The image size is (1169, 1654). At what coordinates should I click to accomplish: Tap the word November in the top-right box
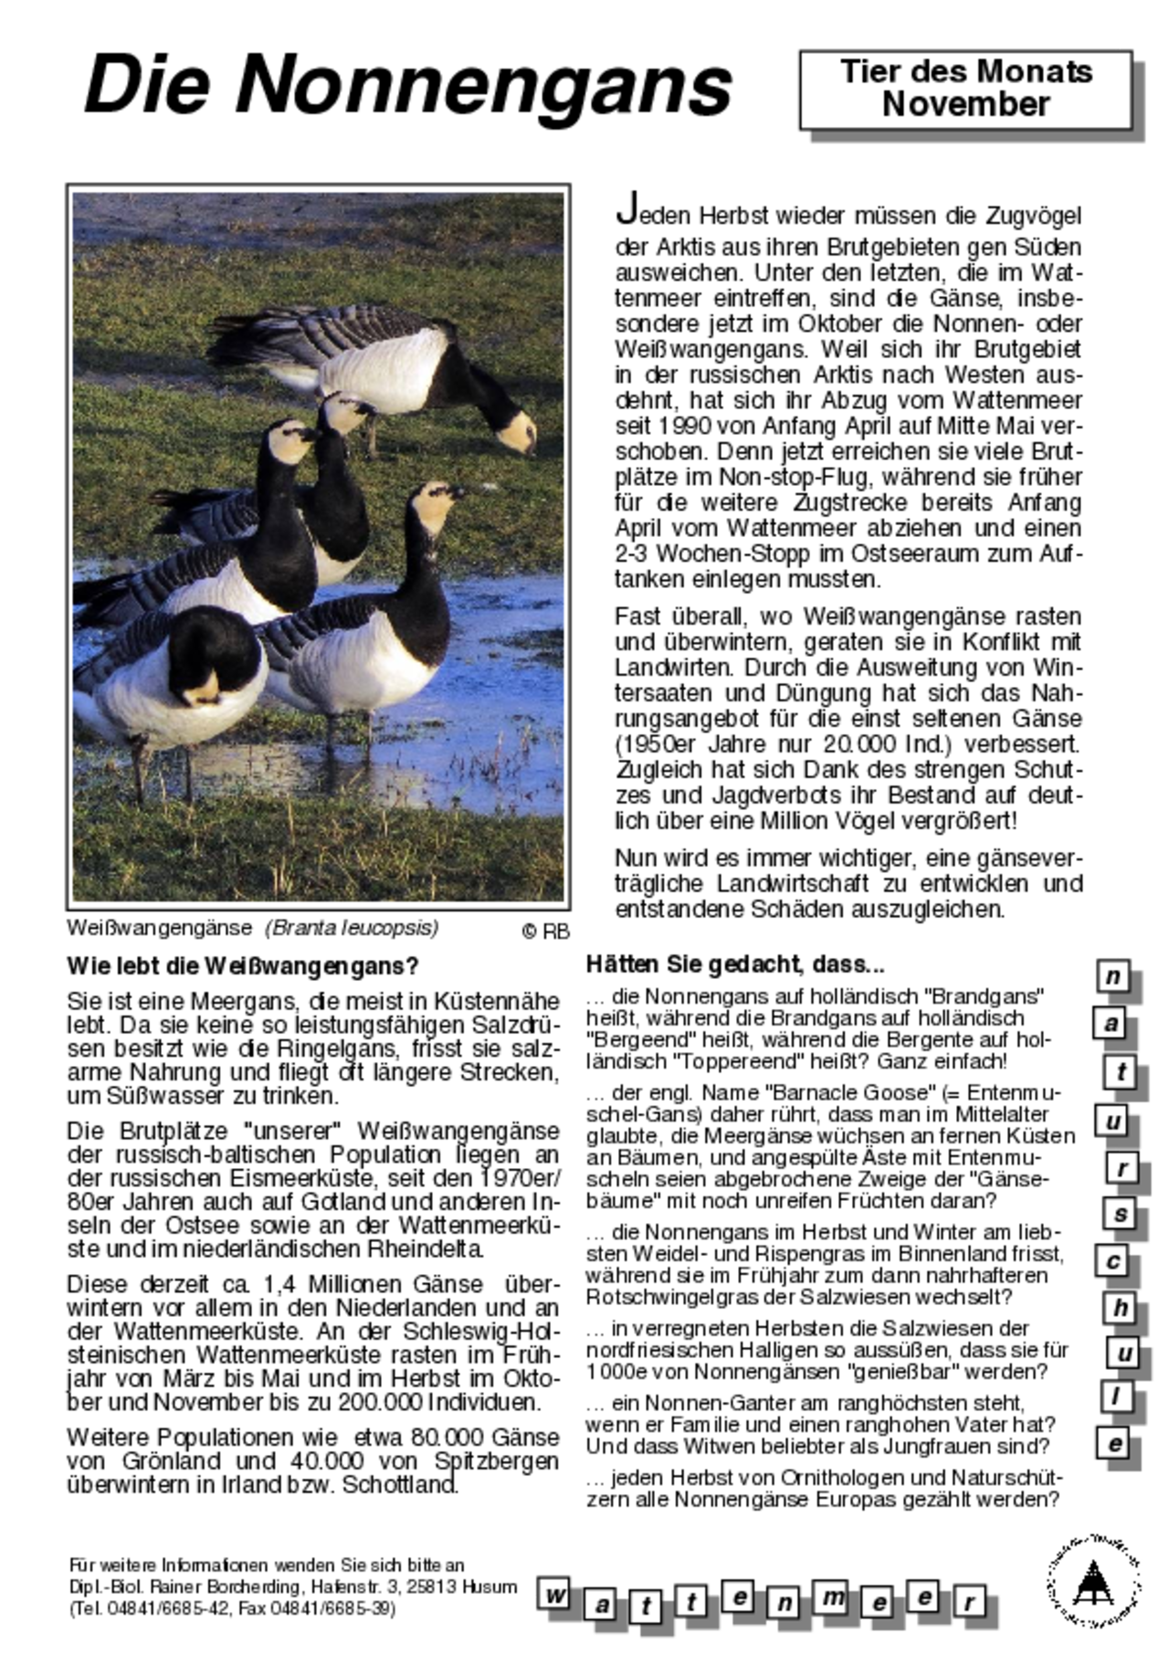click(x=965, y=105)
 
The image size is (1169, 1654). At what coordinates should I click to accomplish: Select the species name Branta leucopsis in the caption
click(x=352, y=928)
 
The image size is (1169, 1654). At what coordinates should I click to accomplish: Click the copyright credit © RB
click(x=545, y=932)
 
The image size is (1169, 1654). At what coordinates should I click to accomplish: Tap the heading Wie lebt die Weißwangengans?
click(x=243, y=965)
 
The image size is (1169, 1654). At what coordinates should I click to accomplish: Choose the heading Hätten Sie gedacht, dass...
click(x=735, y=964)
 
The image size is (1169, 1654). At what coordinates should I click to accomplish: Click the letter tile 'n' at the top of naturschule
click(x=1112, y=976)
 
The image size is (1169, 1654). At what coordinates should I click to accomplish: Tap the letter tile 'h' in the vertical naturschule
click(x=1119, y=1308)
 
